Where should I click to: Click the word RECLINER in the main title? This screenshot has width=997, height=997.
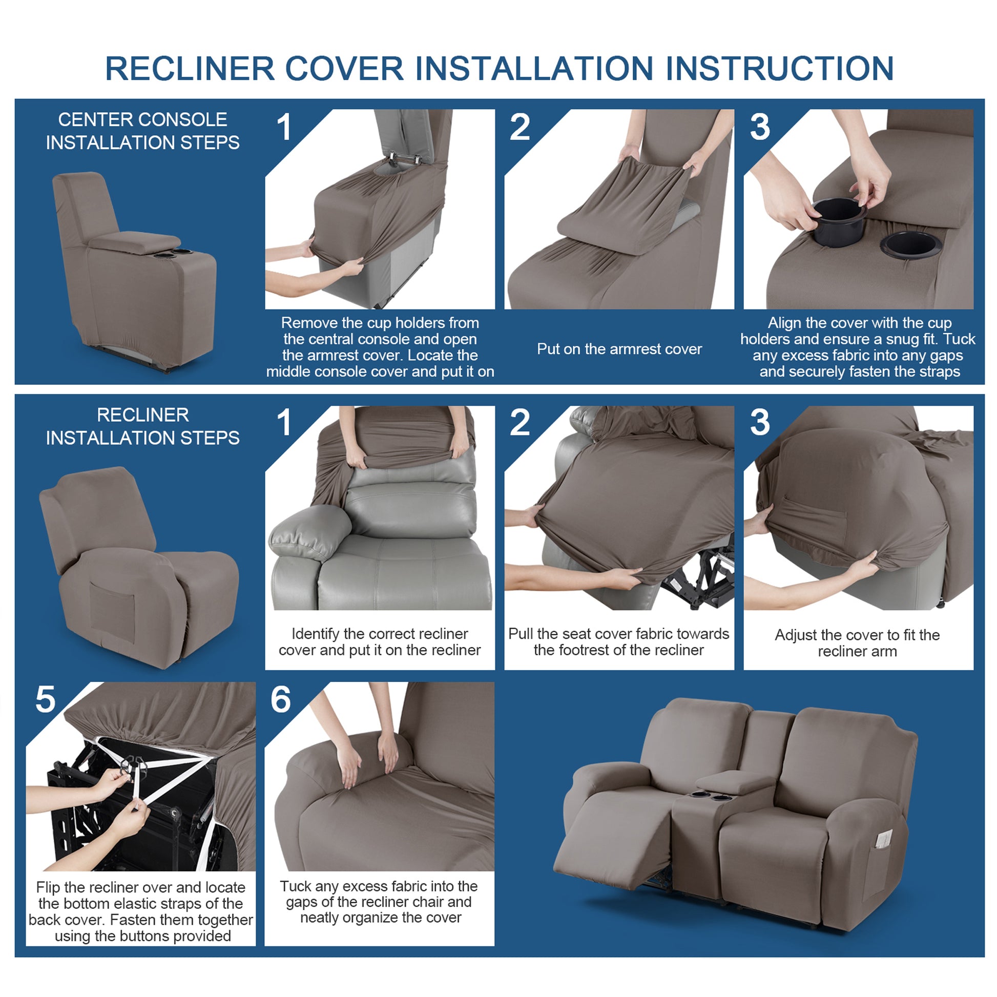[190, 69]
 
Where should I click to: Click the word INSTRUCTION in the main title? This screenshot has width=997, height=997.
[779, 69]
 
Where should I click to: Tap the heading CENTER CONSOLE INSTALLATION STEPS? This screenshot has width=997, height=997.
[142, 131]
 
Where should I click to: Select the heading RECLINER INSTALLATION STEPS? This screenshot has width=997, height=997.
[142, 426]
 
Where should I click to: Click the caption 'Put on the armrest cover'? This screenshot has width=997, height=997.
[619, 349]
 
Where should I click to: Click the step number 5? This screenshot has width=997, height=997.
[46, 700]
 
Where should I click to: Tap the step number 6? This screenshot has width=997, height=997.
[281, 700]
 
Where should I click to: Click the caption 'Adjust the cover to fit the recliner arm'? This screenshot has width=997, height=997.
[857, 643]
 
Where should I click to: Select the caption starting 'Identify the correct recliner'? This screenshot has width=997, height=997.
[380, 641]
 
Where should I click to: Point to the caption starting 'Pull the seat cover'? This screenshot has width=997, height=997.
[619, 641]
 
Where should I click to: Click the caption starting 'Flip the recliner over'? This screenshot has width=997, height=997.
[141, 911]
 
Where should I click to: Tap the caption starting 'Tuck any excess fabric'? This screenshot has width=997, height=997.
[379, 902]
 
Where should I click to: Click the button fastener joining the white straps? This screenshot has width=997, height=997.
[134, 765]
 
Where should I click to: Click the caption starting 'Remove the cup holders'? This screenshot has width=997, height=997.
[380, 347]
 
